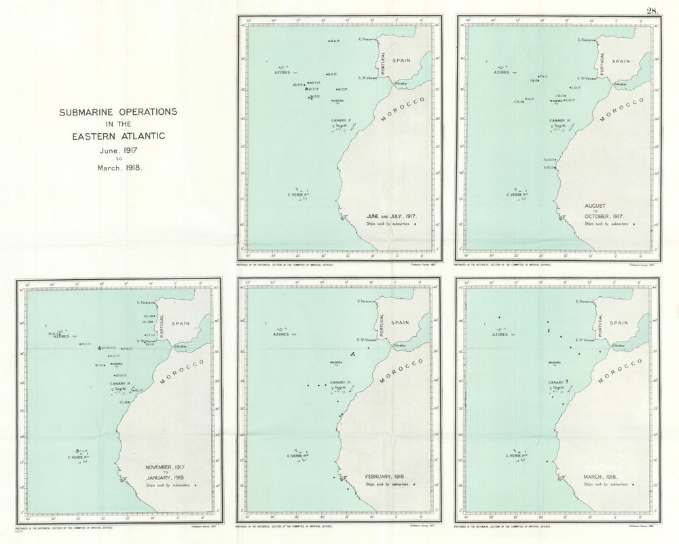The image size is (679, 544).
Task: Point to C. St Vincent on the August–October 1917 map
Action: coord(587,77)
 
